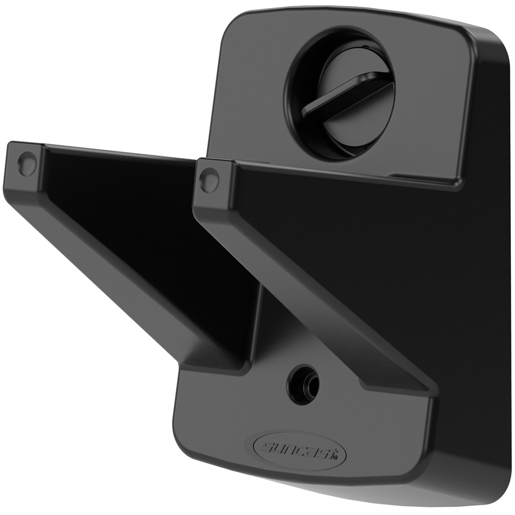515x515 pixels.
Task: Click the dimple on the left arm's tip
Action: point(26,164)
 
